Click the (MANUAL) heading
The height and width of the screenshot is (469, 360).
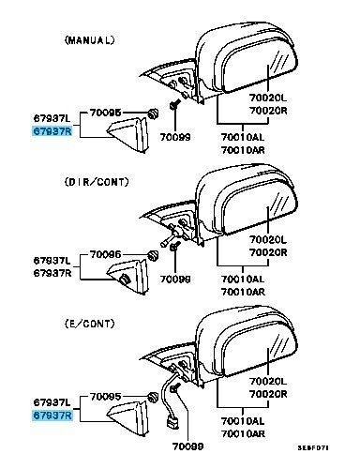coord(89,40)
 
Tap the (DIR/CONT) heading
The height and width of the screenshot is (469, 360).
coord(97,182)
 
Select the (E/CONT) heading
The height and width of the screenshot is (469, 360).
coord(89,324)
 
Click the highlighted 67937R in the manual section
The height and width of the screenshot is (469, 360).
coord(52,131)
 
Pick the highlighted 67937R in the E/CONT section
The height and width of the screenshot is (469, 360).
coord(52,416)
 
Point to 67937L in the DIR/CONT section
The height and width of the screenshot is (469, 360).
coord(52,260)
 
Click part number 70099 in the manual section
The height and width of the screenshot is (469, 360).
coord(175,137)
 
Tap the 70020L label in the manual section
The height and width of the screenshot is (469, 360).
coord(268,98)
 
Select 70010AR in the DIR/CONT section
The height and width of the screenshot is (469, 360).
coord(243,292)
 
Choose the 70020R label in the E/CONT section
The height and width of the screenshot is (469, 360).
coord(268,394)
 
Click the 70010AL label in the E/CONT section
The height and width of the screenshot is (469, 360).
coord(243,421)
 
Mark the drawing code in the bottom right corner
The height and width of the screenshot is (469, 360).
coord(313,447)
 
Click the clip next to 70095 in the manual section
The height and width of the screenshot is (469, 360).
coord(153,113)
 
